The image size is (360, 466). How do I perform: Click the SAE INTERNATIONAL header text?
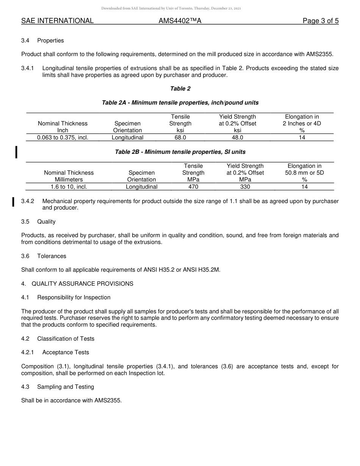tap(57, 21)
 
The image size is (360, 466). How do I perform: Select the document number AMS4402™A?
tap(180, 21)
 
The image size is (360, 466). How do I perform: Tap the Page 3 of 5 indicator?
tap(320, 21)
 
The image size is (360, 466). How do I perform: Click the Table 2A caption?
tap(180, 103)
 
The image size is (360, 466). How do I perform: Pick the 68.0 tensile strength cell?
tap(180, 138)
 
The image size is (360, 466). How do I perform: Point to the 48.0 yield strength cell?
tap(237, 138)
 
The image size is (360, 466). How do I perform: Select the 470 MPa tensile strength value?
tap(193, 187)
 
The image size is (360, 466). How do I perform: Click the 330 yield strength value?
tap(245, 187)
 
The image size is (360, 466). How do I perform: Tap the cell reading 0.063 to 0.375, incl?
tap(63, 138)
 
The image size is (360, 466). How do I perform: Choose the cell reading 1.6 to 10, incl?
tap(69, 187)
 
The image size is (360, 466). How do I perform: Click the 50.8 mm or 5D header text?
tap(304, 173)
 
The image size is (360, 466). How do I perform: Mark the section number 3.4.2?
tap(28, 201)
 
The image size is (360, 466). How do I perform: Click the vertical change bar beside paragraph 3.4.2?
tap(13, 202)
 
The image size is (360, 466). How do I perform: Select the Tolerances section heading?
tap(52, 256)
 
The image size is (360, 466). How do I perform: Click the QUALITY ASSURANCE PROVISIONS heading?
tap(82, 284)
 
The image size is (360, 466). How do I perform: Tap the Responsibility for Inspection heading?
tap(74, 297)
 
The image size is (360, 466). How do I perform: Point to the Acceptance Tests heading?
tap(66, 352)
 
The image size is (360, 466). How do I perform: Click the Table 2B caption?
tap(180, 152)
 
